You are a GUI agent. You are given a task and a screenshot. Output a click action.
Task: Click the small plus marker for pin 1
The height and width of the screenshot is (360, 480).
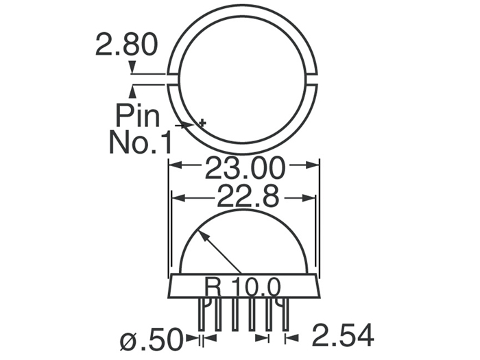[202, 123]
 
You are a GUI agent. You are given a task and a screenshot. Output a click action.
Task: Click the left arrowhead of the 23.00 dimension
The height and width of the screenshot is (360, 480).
[173, 165]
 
